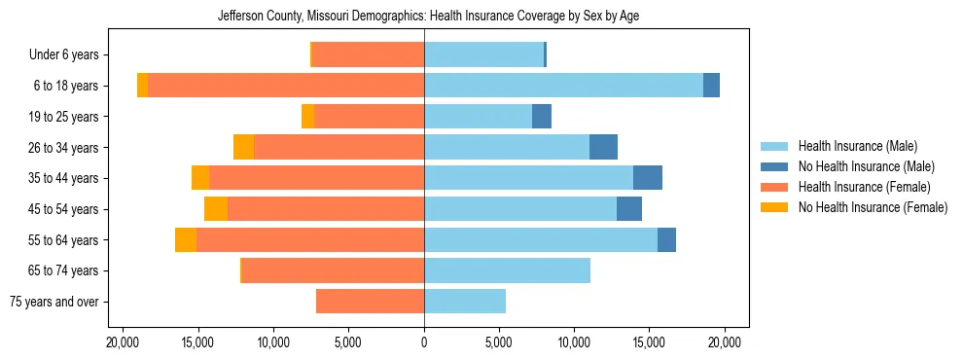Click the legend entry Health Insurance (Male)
pos(857,146)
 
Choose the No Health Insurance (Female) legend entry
pos(873,207)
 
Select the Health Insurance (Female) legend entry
pos(864,187)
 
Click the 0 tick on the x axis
pos(424,342)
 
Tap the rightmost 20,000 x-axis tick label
pos(726,342)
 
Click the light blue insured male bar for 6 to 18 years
pos(563,86)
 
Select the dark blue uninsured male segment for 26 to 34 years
pos(603,147)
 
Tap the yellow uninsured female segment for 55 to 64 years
pos(186,240)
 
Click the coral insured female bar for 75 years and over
pos(370,302)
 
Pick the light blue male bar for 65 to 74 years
pos(507,270)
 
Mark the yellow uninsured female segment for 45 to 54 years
pos(216,209)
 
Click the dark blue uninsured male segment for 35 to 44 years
pos(648,178)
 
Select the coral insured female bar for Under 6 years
pos(368,54)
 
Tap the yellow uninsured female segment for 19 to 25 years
pos(307,117)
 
